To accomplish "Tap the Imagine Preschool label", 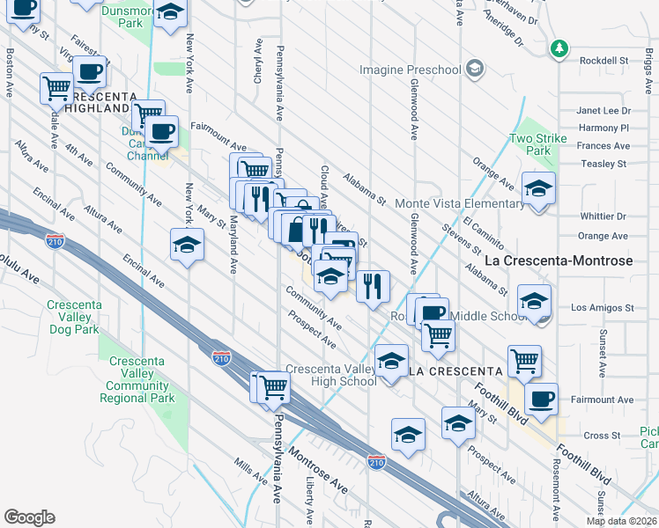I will pos(410,70).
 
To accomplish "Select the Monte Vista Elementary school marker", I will pos(537,189).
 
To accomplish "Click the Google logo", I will pos(29,517).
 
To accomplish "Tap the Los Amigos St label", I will pos(602,308).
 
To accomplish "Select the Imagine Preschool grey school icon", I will pos(475,69).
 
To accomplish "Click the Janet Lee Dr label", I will pos(603,111).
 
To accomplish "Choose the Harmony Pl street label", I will pos(603,128).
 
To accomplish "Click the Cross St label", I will pos(603,436).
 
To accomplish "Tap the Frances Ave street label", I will pos(603,146).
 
